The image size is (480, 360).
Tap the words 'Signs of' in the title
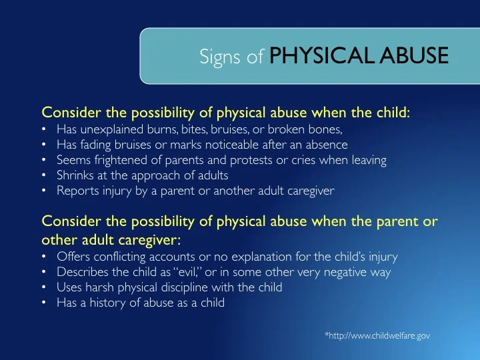pos(231,58)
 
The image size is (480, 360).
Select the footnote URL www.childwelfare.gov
pos(377,336)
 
